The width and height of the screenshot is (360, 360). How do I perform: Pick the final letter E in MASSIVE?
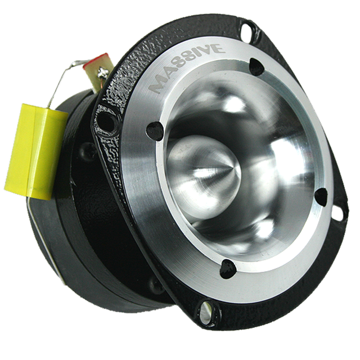point(219,48)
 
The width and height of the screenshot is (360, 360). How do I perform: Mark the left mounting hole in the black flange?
point(103,120)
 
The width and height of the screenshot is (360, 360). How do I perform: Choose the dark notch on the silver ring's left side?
point(152,130)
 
